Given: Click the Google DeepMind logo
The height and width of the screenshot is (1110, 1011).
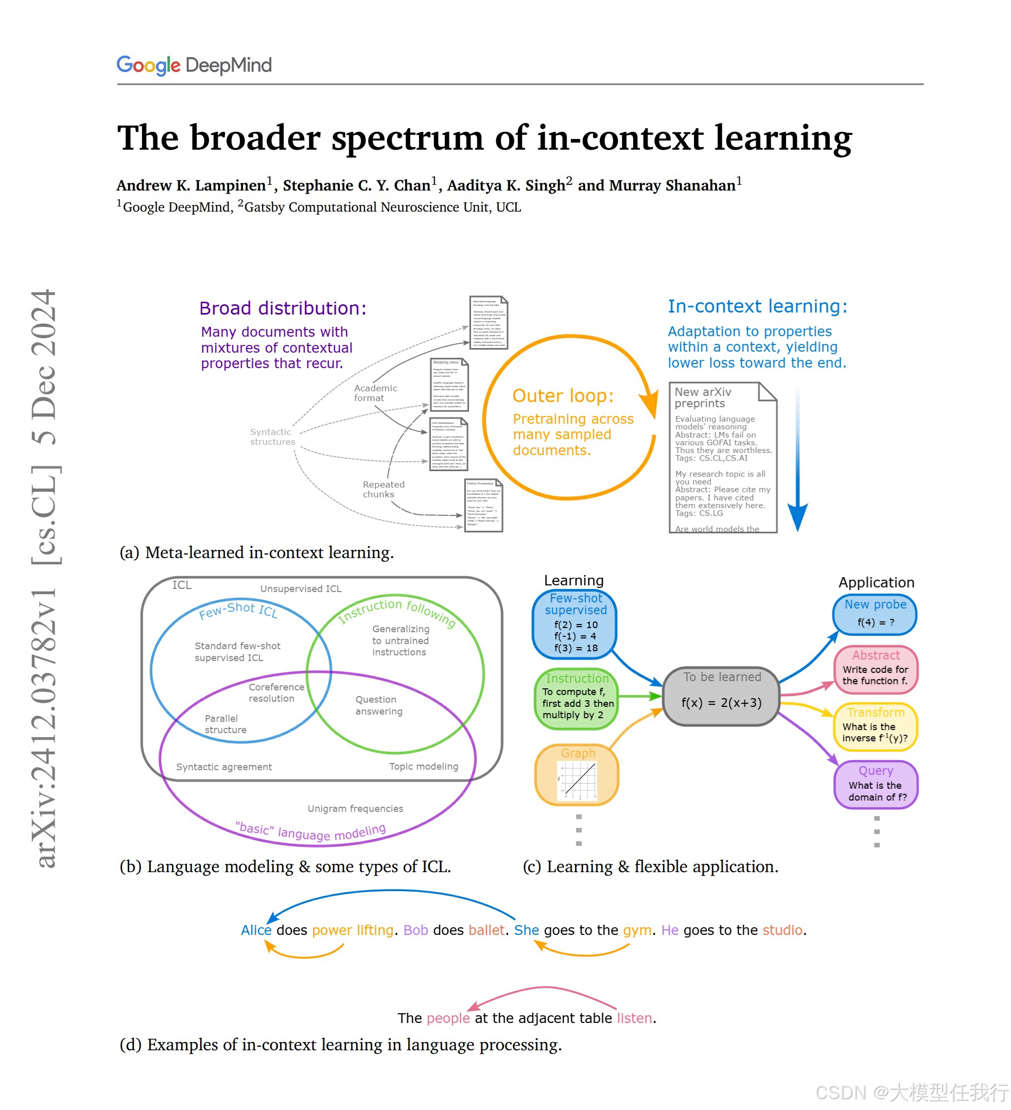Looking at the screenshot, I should coord(194,65).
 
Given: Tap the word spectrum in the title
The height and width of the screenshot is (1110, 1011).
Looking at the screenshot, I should coord(407,137).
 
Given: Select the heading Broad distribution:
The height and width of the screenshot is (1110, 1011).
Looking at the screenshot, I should coord(283,308).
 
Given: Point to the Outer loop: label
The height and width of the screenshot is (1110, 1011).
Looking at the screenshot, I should coord(562,396).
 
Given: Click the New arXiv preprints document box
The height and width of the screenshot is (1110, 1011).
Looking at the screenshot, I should coord(722,457).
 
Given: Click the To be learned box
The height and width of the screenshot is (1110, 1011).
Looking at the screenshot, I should coord(721,696).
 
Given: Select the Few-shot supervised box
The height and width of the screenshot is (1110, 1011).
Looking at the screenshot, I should coord(574,624).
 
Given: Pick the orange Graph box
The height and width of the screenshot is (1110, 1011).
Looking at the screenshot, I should coord(577,775).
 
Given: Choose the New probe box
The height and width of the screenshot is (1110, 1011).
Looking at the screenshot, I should coord(875,614).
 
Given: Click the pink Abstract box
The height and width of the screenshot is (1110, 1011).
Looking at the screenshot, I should coord(875,669).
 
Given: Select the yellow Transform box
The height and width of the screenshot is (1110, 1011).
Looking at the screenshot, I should coord(875,726).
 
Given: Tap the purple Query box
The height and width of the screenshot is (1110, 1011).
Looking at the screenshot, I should coord(876,784).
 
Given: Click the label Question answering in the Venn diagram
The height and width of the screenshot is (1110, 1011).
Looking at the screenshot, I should coord(378,705).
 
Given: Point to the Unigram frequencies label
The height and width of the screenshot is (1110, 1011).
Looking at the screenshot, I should coord(355,808).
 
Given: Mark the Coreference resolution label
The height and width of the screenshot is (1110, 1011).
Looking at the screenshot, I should coord(276,692).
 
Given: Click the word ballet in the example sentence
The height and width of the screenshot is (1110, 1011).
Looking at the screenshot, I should coord(486,930).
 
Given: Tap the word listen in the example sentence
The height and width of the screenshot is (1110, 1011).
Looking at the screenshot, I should coord(634,1018).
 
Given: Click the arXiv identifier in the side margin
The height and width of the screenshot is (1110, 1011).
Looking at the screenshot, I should coord(45,727).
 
